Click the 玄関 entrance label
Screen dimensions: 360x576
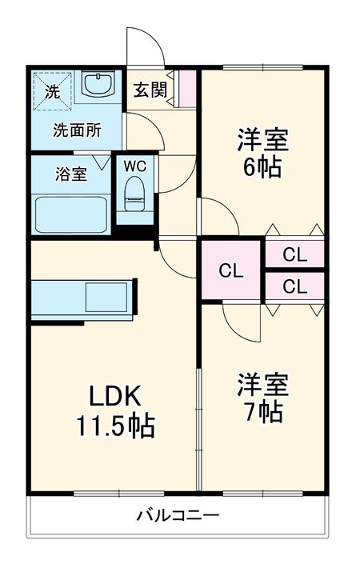click(150, 90)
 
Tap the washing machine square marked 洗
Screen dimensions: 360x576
click(52, 91)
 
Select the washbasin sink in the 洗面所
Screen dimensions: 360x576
click(98, 85)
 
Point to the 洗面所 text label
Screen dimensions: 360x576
click(77, 130)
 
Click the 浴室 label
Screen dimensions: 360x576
click(71, 174)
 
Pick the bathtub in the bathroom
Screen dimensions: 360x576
click(71, 214)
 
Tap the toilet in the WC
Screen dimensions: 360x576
click(134, 194)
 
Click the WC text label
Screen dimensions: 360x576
click(135, 166)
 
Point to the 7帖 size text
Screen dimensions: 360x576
click(263, 411)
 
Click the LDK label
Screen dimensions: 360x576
click(114, 396)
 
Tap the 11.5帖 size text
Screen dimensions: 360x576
click(115, 426)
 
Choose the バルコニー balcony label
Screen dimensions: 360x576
click(178, 515)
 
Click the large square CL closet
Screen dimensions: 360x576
click(231, 270)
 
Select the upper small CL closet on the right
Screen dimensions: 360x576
click(295, 254)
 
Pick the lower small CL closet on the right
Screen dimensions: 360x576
click(295, 286)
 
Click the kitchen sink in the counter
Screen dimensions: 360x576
click(106, 297)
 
